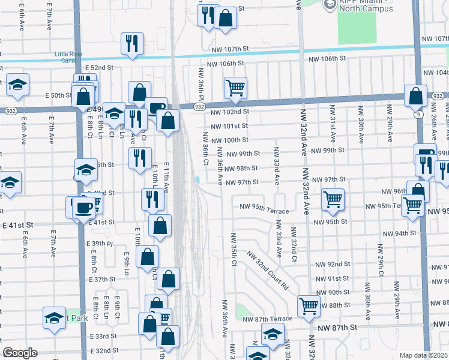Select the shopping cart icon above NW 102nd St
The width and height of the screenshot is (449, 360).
pos(236,88)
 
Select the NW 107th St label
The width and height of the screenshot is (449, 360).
pos(229,49)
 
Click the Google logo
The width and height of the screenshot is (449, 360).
pos(20,353)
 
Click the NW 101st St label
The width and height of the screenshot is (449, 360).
pos(229,126)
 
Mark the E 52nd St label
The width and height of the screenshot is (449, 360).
pos(99,68)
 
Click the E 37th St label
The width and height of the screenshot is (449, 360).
pos(103,280)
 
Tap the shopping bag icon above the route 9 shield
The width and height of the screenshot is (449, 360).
pos(415,95)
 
